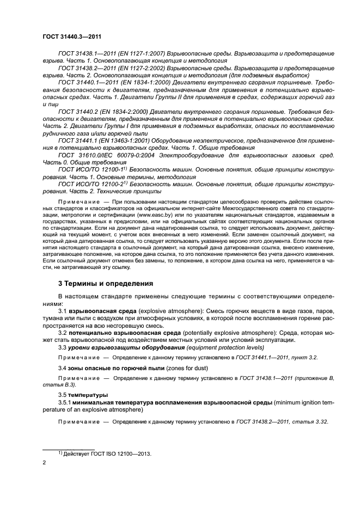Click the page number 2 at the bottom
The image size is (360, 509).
tap(45, 462)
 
